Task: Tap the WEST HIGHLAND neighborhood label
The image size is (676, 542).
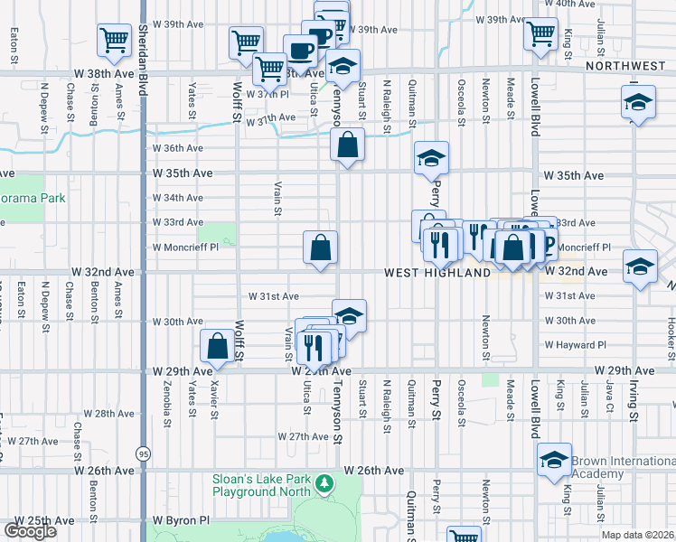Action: click(x=437, y=272)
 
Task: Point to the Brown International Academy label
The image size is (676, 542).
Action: click(x=624, y=467)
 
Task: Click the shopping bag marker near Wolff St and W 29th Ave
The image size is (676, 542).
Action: click(x=217, y=346)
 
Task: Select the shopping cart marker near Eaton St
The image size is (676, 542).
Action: click(x=115, y=39)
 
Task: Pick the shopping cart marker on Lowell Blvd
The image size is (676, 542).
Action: click(x=540, y=33)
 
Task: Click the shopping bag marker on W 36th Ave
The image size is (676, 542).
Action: click(x=346, y=145)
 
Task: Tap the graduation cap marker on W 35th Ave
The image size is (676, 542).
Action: click(x=431, y=158)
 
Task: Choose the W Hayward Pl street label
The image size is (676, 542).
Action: click(x=575, y=345)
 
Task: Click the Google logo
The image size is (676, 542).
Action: click(x=30, y=531)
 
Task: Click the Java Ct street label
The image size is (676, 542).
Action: click(x=610, y=396)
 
